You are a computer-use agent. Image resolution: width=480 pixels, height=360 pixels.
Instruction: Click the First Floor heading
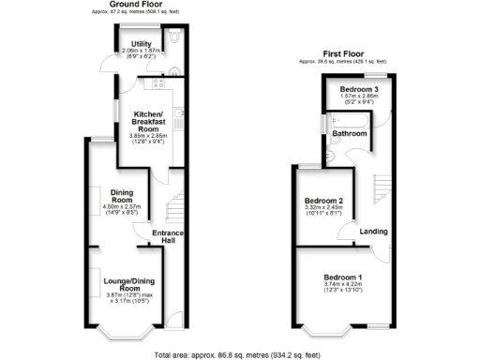(342, 54)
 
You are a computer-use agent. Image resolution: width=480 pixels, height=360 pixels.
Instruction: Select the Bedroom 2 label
(324, 201)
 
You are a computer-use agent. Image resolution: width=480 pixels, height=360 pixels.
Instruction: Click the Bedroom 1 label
(344, 277)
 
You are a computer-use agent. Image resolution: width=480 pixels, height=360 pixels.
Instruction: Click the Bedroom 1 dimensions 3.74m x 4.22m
(344, 287)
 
